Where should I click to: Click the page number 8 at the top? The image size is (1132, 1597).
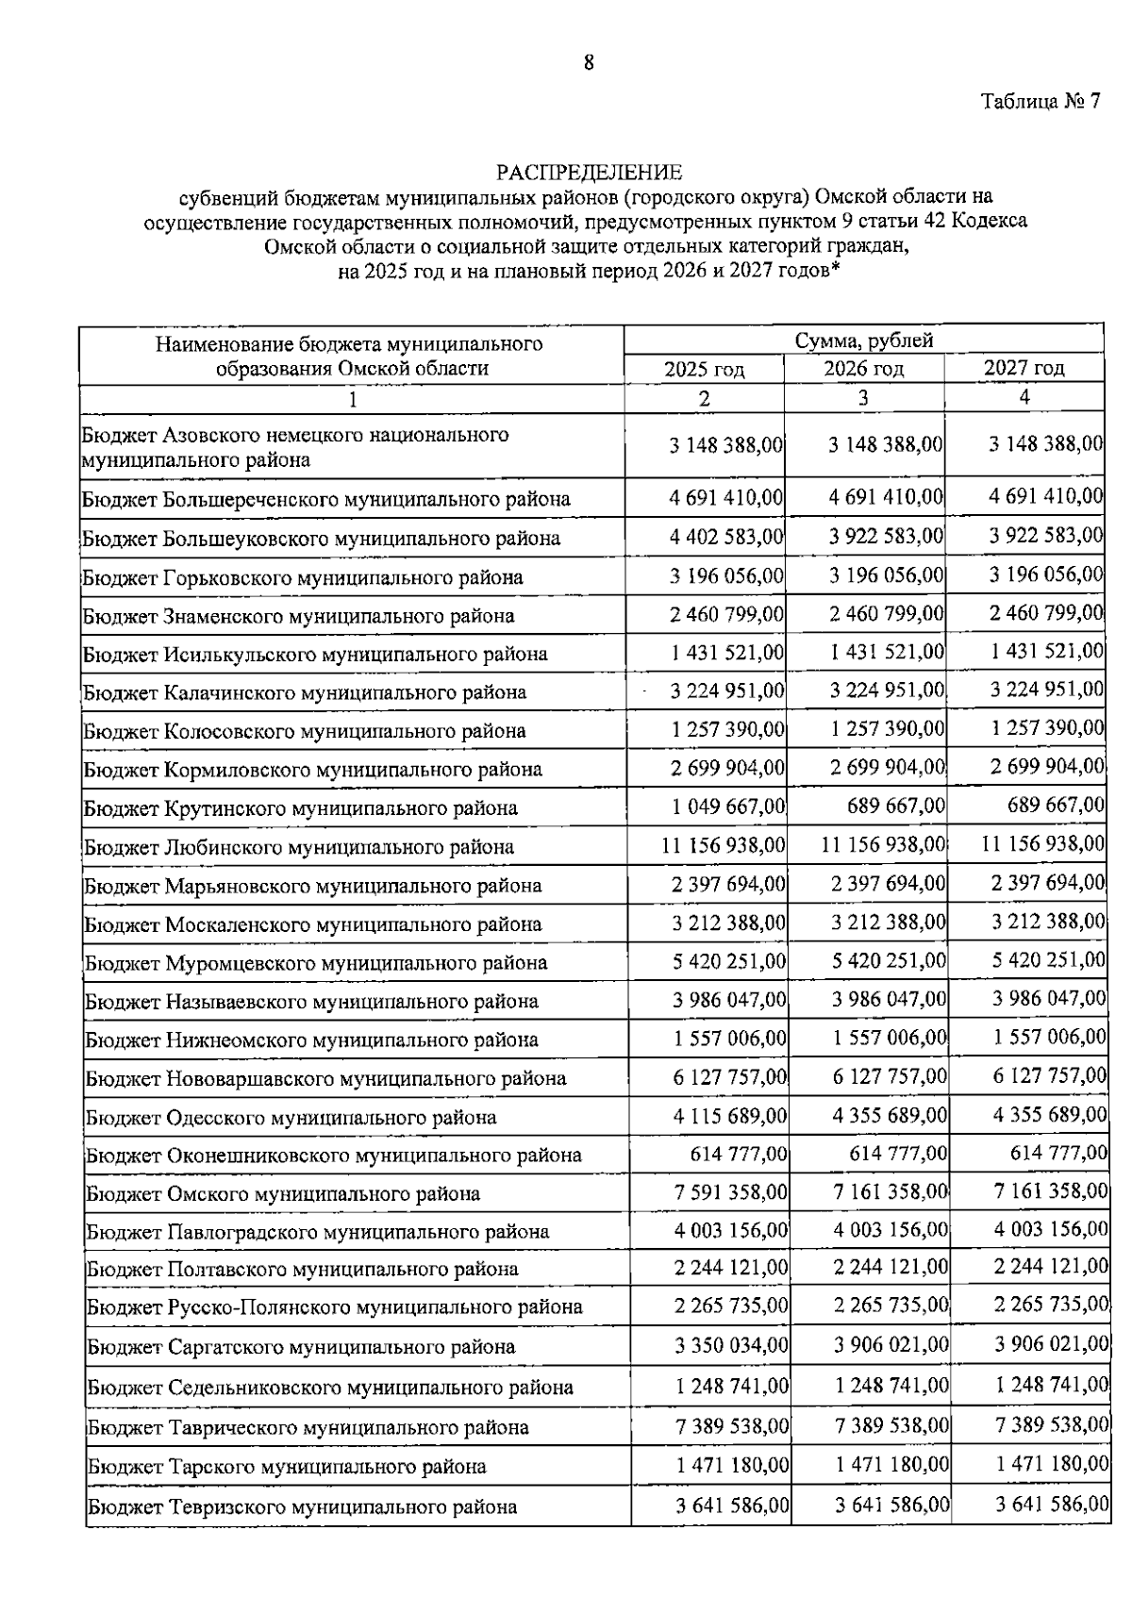589,63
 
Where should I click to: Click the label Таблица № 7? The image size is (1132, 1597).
1040,102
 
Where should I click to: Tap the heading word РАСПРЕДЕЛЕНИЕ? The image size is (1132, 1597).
589,173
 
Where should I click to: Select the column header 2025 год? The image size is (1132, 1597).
704,369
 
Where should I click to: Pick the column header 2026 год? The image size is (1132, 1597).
863,368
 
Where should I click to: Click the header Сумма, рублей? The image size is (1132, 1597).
863,341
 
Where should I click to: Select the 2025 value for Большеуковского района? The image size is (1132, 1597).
726,537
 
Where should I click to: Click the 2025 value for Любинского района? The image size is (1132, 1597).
723,844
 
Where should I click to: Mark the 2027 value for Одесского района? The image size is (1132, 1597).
1050,1115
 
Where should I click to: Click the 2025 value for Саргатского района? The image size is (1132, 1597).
731,1345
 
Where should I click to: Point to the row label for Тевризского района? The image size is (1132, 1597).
302,1506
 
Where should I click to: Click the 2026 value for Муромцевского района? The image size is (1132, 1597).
889,960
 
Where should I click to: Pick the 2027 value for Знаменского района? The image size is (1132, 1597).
1046,613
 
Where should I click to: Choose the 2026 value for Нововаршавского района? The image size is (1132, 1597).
890,1076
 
